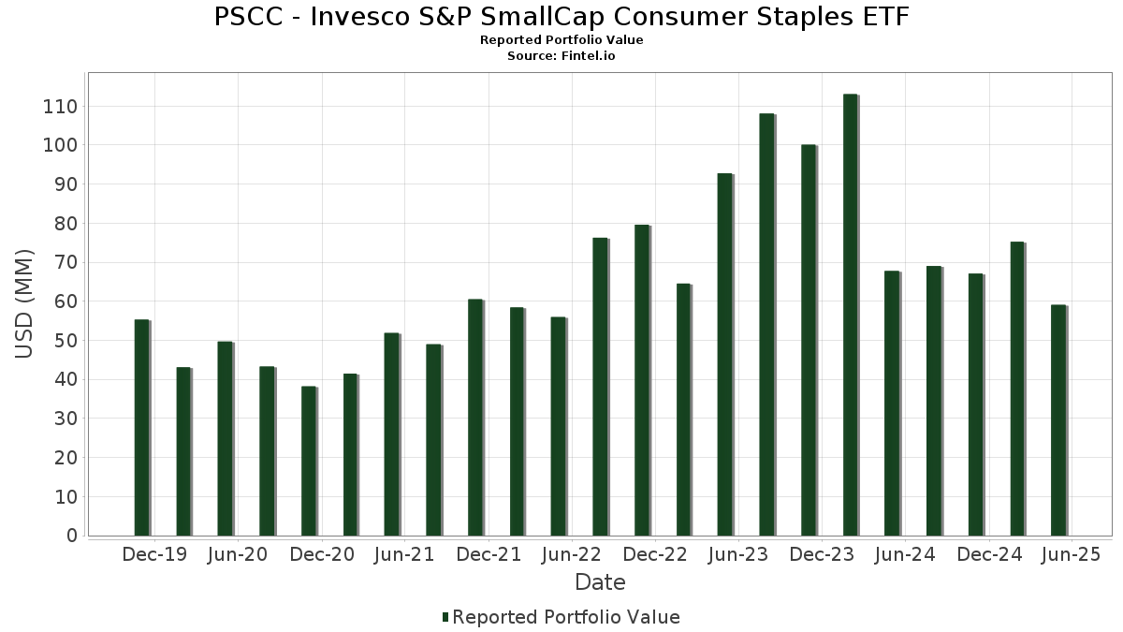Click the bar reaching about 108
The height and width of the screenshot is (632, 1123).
tap(766, 324)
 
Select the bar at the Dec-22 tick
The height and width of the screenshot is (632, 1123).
tap(642, 380)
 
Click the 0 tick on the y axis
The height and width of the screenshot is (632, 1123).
tap(71, 536)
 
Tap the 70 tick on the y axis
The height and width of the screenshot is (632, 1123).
tap(65, 263)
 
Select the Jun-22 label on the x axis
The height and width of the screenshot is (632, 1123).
tap(570, 555)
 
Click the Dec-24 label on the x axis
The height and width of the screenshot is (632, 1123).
tap(989, 555)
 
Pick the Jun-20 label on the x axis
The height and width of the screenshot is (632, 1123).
tap(237, 555)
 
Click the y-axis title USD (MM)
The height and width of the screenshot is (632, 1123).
tap(24, 303)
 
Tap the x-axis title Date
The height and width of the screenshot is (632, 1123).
tap(600, 582)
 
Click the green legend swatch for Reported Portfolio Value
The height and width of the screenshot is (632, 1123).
tap(445, 617)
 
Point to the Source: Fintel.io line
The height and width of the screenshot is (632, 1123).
tap(561, 56)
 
